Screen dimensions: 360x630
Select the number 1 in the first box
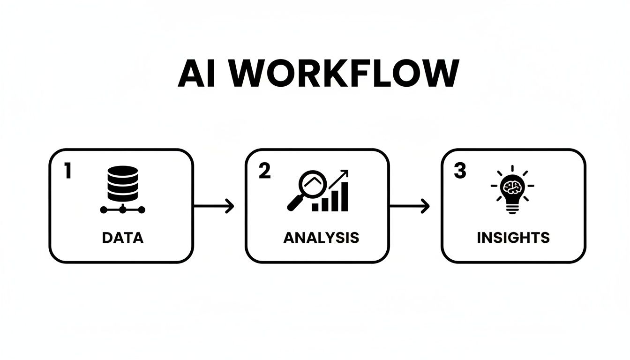tap(67, 172)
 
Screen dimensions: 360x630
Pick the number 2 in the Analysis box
tap(264, 172)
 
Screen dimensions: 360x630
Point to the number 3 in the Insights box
tap(460, 172)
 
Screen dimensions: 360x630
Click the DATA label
tap(122, 238)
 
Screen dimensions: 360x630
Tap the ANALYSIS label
tap(321, 238)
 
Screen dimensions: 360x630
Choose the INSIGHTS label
tap(513, 238)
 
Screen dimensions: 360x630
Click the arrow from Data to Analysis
tap(214, 206)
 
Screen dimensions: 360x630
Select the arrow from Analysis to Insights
tap(410, 206)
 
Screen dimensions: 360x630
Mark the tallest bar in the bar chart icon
tap(345, 197)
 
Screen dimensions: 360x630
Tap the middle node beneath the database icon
tap(123, 210)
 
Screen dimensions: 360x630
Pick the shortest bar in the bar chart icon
tap(315, 207)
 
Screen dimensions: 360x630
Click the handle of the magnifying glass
tap(294, 202)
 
